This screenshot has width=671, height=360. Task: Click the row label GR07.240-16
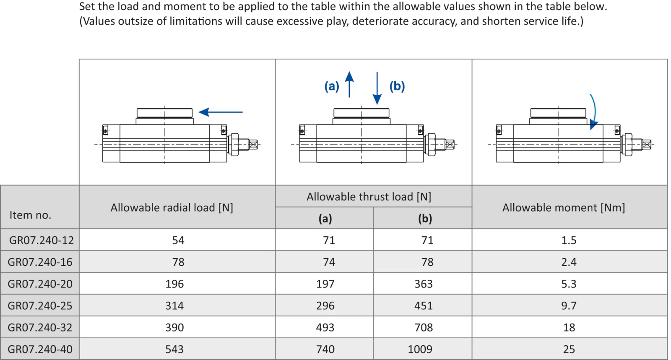40,262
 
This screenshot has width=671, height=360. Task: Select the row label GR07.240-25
40,306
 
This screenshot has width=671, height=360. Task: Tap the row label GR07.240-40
40,349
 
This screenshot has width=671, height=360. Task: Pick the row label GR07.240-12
41,240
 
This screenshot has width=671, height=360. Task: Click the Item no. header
30,215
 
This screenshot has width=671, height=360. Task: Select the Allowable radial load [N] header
172,207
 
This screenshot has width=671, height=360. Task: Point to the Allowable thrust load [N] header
369,197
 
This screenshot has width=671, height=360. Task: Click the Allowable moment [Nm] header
563,207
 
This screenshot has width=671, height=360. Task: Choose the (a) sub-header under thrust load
325,218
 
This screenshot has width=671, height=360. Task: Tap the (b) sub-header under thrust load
425,218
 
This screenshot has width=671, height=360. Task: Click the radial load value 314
174,306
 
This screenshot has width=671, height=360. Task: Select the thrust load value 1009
420,349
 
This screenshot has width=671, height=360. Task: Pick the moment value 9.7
569,306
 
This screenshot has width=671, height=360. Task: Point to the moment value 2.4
569,262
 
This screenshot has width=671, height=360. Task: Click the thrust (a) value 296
325,306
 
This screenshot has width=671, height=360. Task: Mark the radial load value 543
174,349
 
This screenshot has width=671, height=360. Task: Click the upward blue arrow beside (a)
349,84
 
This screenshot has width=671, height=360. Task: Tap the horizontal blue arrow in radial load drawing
221,112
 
